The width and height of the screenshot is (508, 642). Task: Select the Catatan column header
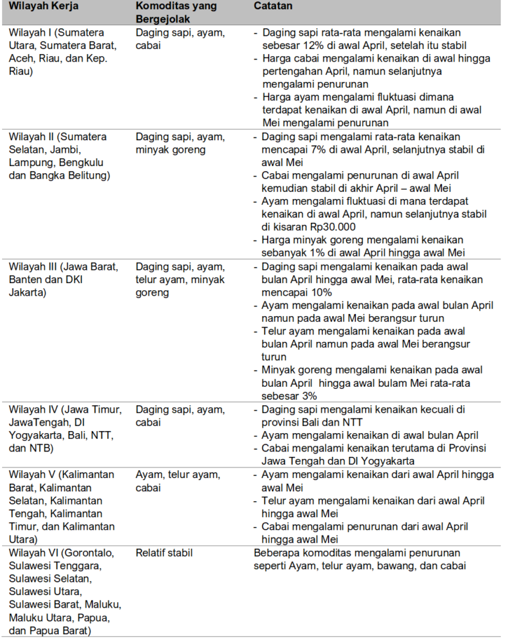tap(275, 6)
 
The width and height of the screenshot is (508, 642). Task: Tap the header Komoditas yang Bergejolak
tap(175, 12)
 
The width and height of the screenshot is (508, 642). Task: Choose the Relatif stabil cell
tap(165, 553)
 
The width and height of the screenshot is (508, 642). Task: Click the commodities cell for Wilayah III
tap(180, 279)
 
